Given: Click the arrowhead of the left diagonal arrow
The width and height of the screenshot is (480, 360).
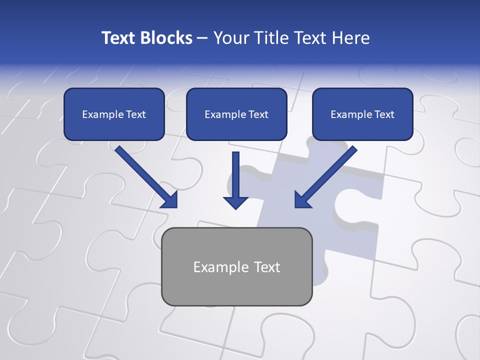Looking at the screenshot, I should coord(169,200).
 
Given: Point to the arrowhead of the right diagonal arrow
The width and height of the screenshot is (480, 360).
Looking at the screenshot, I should coord(302,199).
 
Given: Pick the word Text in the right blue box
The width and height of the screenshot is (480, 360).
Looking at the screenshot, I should coord(384,114).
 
